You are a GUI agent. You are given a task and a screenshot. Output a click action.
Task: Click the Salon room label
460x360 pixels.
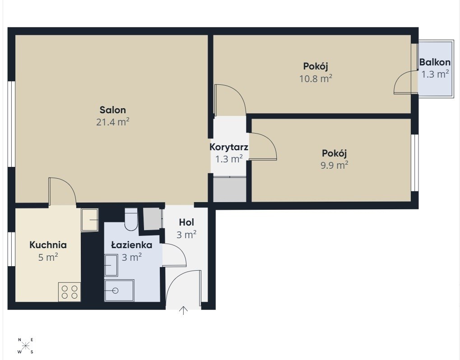point(113,110)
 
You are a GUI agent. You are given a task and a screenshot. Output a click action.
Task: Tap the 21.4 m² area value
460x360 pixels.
point(113,122)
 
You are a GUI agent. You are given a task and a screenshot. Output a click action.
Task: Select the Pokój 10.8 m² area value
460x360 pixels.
point(316,78)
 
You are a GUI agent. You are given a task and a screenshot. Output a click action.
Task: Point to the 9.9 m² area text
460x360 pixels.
point(335,166)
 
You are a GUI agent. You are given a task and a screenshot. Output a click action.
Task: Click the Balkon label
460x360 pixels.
point(435,62)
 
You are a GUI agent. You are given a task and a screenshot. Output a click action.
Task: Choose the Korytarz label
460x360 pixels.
point(229,147)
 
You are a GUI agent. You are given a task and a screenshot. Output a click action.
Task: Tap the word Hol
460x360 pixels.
point(186,222)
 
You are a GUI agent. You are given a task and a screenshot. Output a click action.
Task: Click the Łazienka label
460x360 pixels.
point(132,245)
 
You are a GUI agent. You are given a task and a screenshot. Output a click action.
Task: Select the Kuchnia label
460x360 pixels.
point(48,245)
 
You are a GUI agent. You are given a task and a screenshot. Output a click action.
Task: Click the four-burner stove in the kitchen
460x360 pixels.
point(70,292)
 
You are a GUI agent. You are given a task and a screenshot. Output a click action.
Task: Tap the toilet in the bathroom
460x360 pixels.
point(131,219)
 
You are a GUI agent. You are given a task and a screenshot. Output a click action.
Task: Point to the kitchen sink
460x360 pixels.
point(89,220)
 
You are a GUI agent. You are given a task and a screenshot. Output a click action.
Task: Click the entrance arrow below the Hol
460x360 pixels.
point(183,310)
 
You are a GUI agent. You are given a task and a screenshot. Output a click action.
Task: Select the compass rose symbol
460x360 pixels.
point(26,346)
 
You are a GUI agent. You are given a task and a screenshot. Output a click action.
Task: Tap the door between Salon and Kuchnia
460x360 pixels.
point(62,191)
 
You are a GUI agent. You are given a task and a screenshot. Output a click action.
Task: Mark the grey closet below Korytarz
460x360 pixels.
point(229,189)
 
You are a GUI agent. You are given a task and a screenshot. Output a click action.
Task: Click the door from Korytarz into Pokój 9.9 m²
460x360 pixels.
point(263,146)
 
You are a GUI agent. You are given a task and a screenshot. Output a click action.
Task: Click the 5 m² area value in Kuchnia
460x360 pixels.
point(48,257)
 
